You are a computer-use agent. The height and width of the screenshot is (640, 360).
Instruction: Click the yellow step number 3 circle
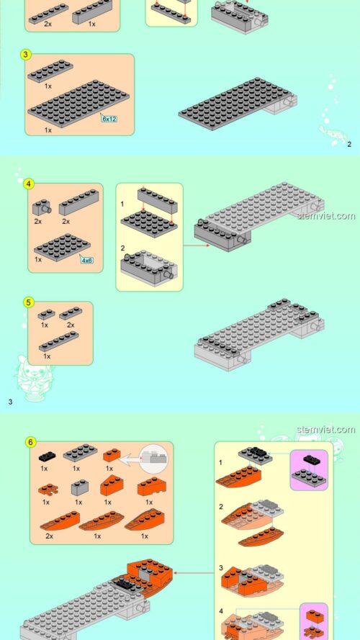[26, 55]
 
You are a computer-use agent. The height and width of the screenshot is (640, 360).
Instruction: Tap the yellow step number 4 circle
[30, 184]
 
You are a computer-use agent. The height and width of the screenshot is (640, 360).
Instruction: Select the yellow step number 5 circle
[29, 302]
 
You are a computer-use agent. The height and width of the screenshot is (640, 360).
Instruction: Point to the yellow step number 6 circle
[30, 442]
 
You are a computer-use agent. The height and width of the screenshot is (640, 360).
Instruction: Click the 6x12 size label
[109, 117]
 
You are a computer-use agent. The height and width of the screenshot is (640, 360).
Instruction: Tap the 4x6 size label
[87, 260]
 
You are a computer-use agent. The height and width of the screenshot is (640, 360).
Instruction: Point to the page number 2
[349, 145]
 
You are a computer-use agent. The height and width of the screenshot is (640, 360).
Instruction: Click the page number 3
[9, 402]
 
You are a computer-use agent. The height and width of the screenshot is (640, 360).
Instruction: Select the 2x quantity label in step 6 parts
[48, 536]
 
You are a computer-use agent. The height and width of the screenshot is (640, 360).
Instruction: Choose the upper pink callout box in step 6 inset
[309, 470]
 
